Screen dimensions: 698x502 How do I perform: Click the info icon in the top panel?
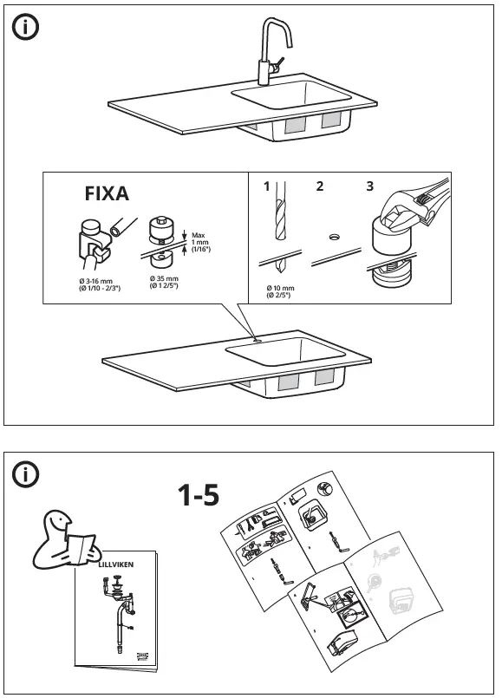coord(25,28)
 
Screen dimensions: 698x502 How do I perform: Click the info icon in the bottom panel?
coord(25,474)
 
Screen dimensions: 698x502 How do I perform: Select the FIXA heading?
coord(107,193)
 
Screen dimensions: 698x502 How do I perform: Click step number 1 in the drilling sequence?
coord(266,186)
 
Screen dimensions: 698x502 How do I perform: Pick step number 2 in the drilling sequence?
coord(320,186)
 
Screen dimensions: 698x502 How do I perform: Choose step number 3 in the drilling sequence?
coord(370,186)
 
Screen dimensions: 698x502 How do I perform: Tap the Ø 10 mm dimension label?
coord(280,290)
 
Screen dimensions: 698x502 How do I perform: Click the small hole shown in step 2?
coord(334,236)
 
